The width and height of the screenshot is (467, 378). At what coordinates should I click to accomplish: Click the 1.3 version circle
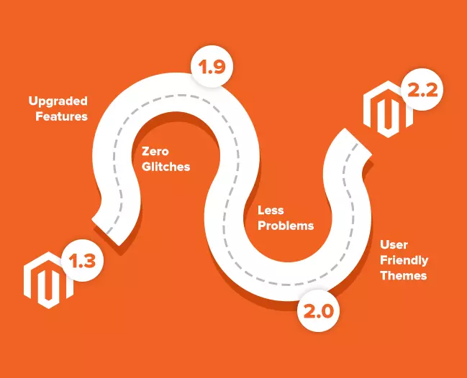[x=82, y=261]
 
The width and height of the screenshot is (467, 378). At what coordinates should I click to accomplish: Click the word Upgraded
[x=58, y=100]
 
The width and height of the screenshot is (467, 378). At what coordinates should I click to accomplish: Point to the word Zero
[x=155, y=152]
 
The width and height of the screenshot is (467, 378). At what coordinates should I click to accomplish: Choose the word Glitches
[x=166, y=167]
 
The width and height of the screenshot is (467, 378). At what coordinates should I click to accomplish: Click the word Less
[x=271, y=211]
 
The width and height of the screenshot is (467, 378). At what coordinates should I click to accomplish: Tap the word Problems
[x=286, y=226]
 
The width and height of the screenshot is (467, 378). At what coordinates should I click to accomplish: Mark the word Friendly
[x=404, y=260]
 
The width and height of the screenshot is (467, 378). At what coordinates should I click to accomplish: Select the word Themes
[x=403, y=275]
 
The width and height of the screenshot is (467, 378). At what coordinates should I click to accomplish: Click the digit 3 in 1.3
[x=90, y=261]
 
